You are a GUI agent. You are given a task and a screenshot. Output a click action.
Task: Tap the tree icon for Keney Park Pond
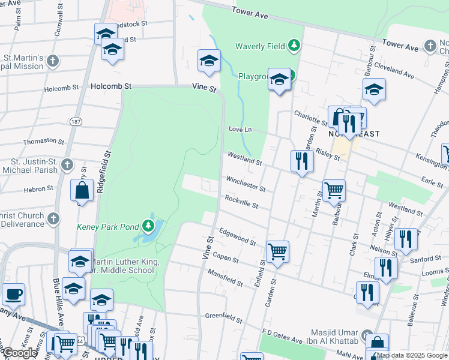click(x=148, y=226)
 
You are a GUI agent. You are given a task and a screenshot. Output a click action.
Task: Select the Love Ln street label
click(x=240, y=130)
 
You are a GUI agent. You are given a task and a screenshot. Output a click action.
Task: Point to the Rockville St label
click(x=241, y=202)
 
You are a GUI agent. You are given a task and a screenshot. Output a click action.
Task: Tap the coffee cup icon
click(x=13, y=295)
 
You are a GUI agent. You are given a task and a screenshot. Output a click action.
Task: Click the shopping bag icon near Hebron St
click(x=82, y=191)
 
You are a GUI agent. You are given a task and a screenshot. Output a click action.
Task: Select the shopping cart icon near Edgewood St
click(x=277, y=251)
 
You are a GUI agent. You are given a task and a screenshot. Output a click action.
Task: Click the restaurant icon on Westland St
click(x=302, y=161)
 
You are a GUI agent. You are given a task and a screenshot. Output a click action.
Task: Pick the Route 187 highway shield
click(x=76, y=121)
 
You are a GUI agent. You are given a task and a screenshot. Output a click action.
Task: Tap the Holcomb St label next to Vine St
click(x=110, y=86)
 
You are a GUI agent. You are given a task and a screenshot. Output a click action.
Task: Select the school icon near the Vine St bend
click(x=209, y=61)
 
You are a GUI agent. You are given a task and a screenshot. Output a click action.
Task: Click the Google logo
click(x=20, y=353)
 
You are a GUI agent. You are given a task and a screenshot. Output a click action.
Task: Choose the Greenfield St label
click(x=223, y=315)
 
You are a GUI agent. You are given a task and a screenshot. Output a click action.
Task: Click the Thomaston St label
click(x=43, y=142)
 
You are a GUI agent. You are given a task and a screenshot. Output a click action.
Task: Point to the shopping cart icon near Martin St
click(x=334, y=190)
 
